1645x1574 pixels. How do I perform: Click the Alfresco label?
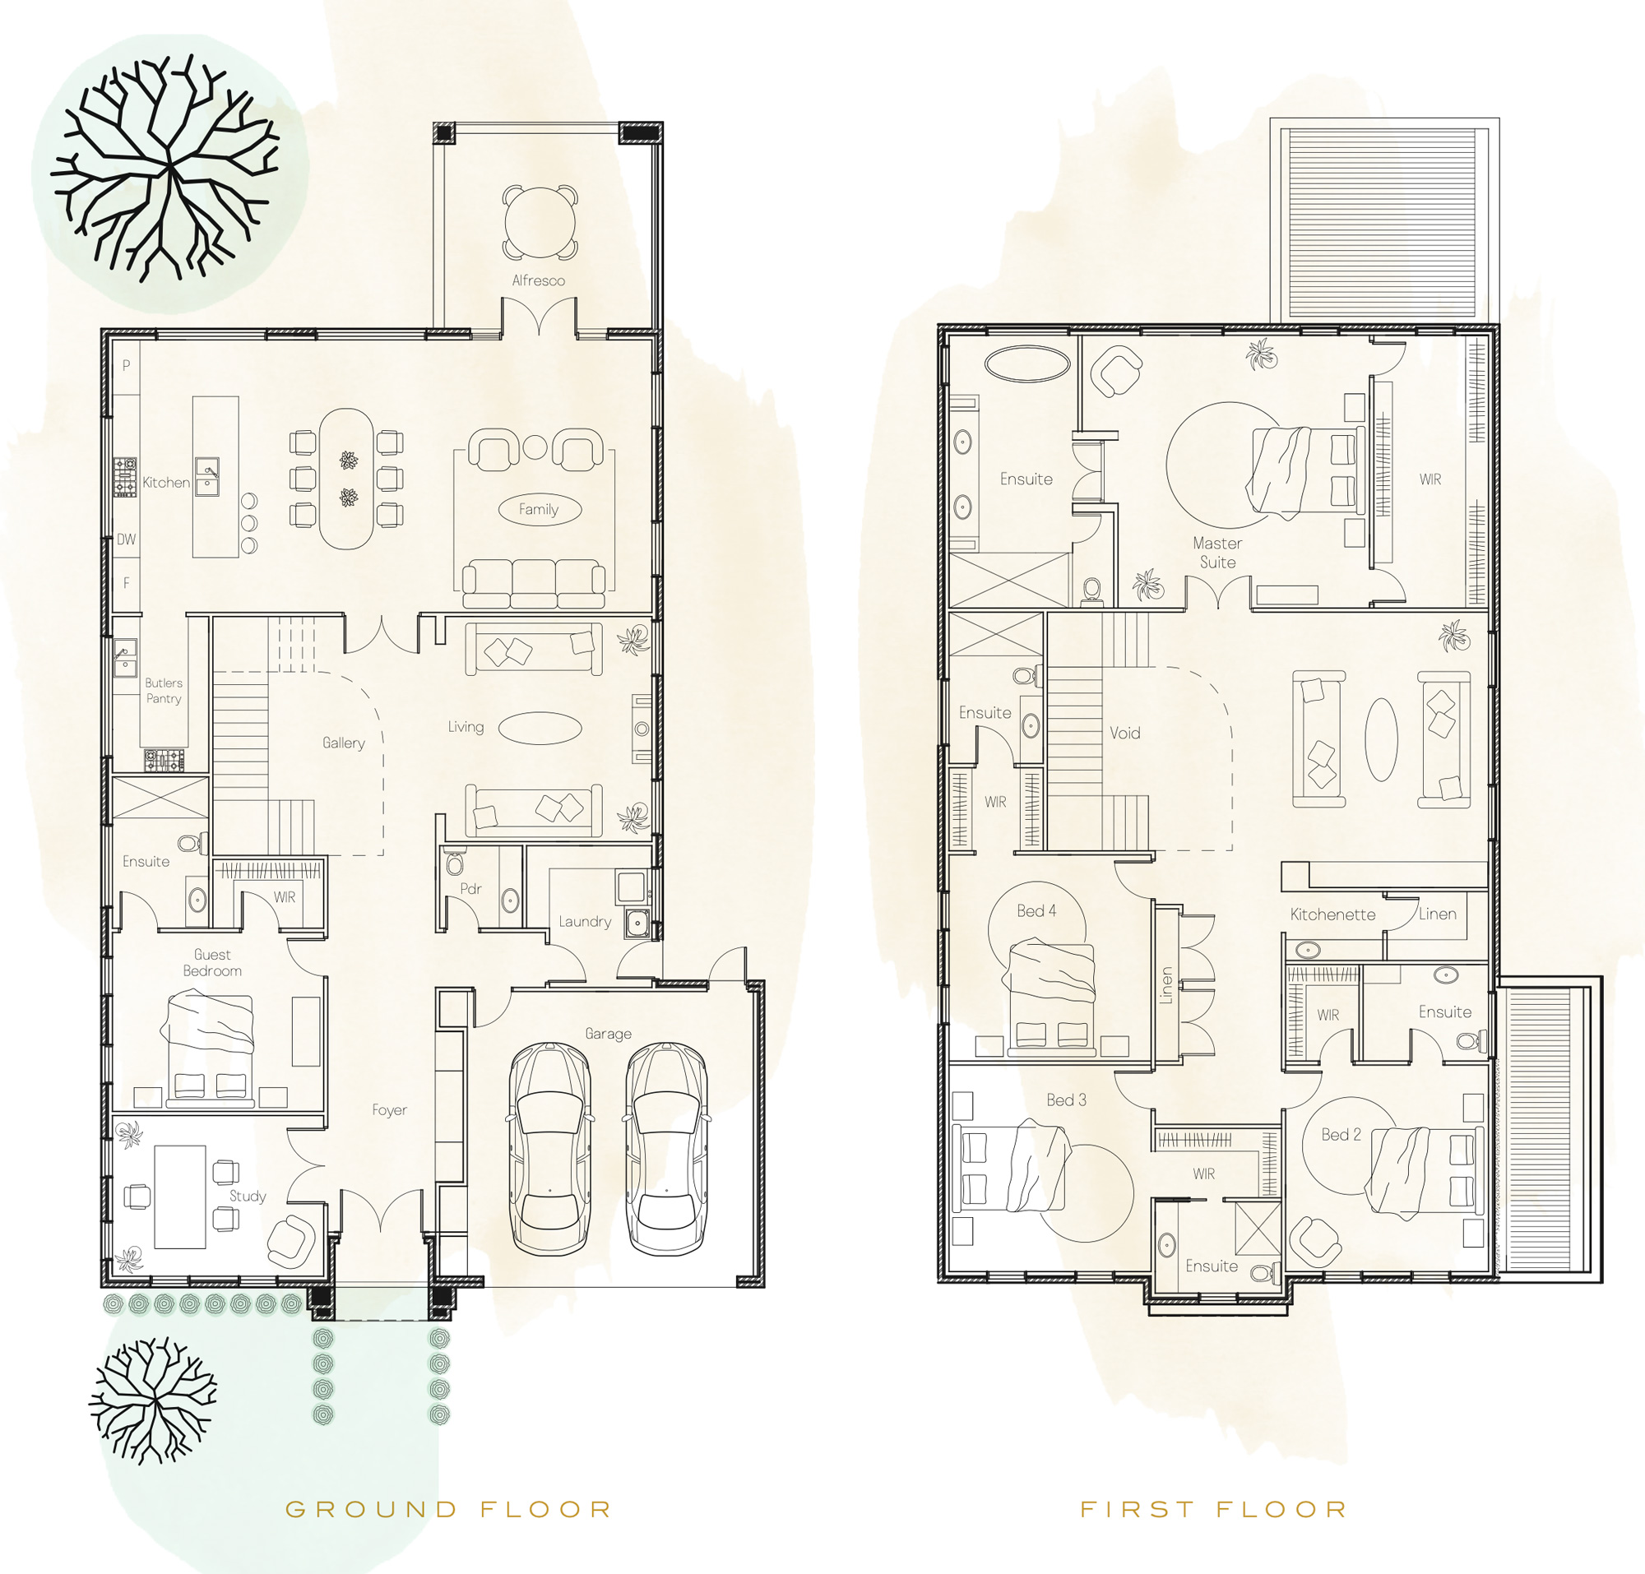tap(538, 280)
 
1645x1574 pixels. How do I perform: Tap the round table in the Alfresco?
tap(540, 223)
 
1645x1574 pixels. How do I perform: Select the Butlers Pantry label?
tap(164, 691)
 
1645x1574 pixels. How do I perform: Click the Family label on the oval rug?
tap(539, 509)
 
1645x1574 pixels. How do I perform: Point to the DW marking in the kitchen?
tap(126, 539)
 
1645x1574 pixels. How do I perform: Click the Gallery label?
tap(343, 743)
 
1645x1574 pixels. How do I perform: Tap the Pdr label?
tap(470, 888)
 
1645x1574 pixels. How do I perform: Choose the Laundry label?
tap(585, 921)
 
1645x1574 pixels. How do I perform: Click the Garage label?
tap(609, 1034)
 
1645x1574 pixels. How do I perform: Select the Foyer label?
tap(389, 1110)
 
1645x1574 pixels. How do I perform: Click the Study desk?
tap(180, 1197)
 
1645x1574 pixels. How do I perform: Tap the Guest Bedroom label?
tap(212, 962)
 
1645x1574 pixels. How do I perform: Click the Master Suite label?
tap(1218, 552)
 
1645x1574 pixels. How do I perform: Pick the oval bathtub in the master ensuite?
tap(1027, 364)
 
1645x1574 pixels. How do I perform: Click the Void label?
tap(1124, 734)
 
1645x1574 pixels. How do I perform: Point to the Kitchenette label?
tap(1332, 914)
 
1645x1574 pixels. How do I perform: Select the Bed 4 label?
tap(1036, 910)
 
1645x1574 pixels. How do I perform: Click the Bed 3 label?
tap(1066, 1099)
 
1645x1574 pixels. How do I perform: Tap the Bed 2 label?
tap(1341, 1134)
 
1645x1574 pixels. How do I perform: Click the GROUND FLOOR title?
tap(448, 1509)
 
